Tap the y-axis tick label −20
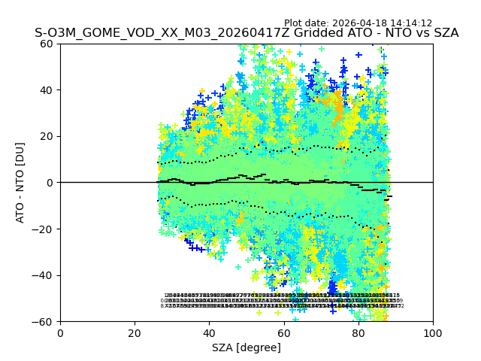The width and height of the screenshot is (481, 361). [45, 229]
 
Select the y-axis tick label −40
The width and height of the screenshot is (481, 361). [45, 275]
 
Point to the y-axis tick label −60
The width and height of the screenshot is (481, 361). [45, 322]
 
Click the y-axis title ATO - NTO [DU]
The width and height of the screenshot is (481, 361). [21, 182]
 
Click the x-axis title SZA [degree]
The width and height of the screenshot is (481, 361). [247, 347]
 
